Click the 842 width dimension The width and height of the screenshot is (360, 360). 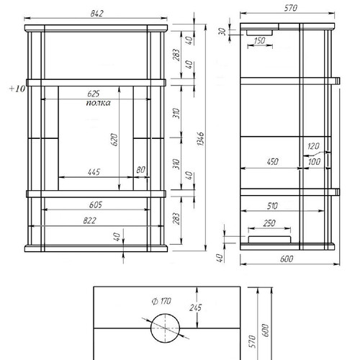[x=97, y=14]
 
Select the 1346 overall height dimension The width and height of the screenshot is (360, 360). [x=201, y=138]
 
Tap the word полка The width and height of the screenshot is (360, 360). [x=99, y=103]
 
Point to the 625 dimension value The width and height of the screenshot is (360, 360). [x=94, y=94]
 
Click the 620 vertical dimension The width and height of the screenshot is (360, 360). [x=114, y=140]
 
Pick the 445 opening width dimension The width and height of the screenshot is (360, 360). [x=94, y=172]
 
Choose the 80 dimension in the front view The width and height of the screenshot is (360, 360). [x=140, y=170]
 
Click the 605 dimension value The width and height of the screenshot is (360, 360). [x=96, y=204]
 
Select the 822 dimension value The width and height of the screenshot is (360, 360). [x=90, y=220]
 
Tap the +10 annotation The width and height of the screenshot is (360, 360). [x=17, y=89]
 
